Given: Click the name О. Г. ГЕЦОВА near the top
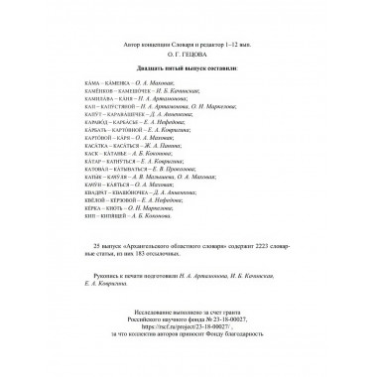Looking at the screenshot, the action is [x=188, y=39].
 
